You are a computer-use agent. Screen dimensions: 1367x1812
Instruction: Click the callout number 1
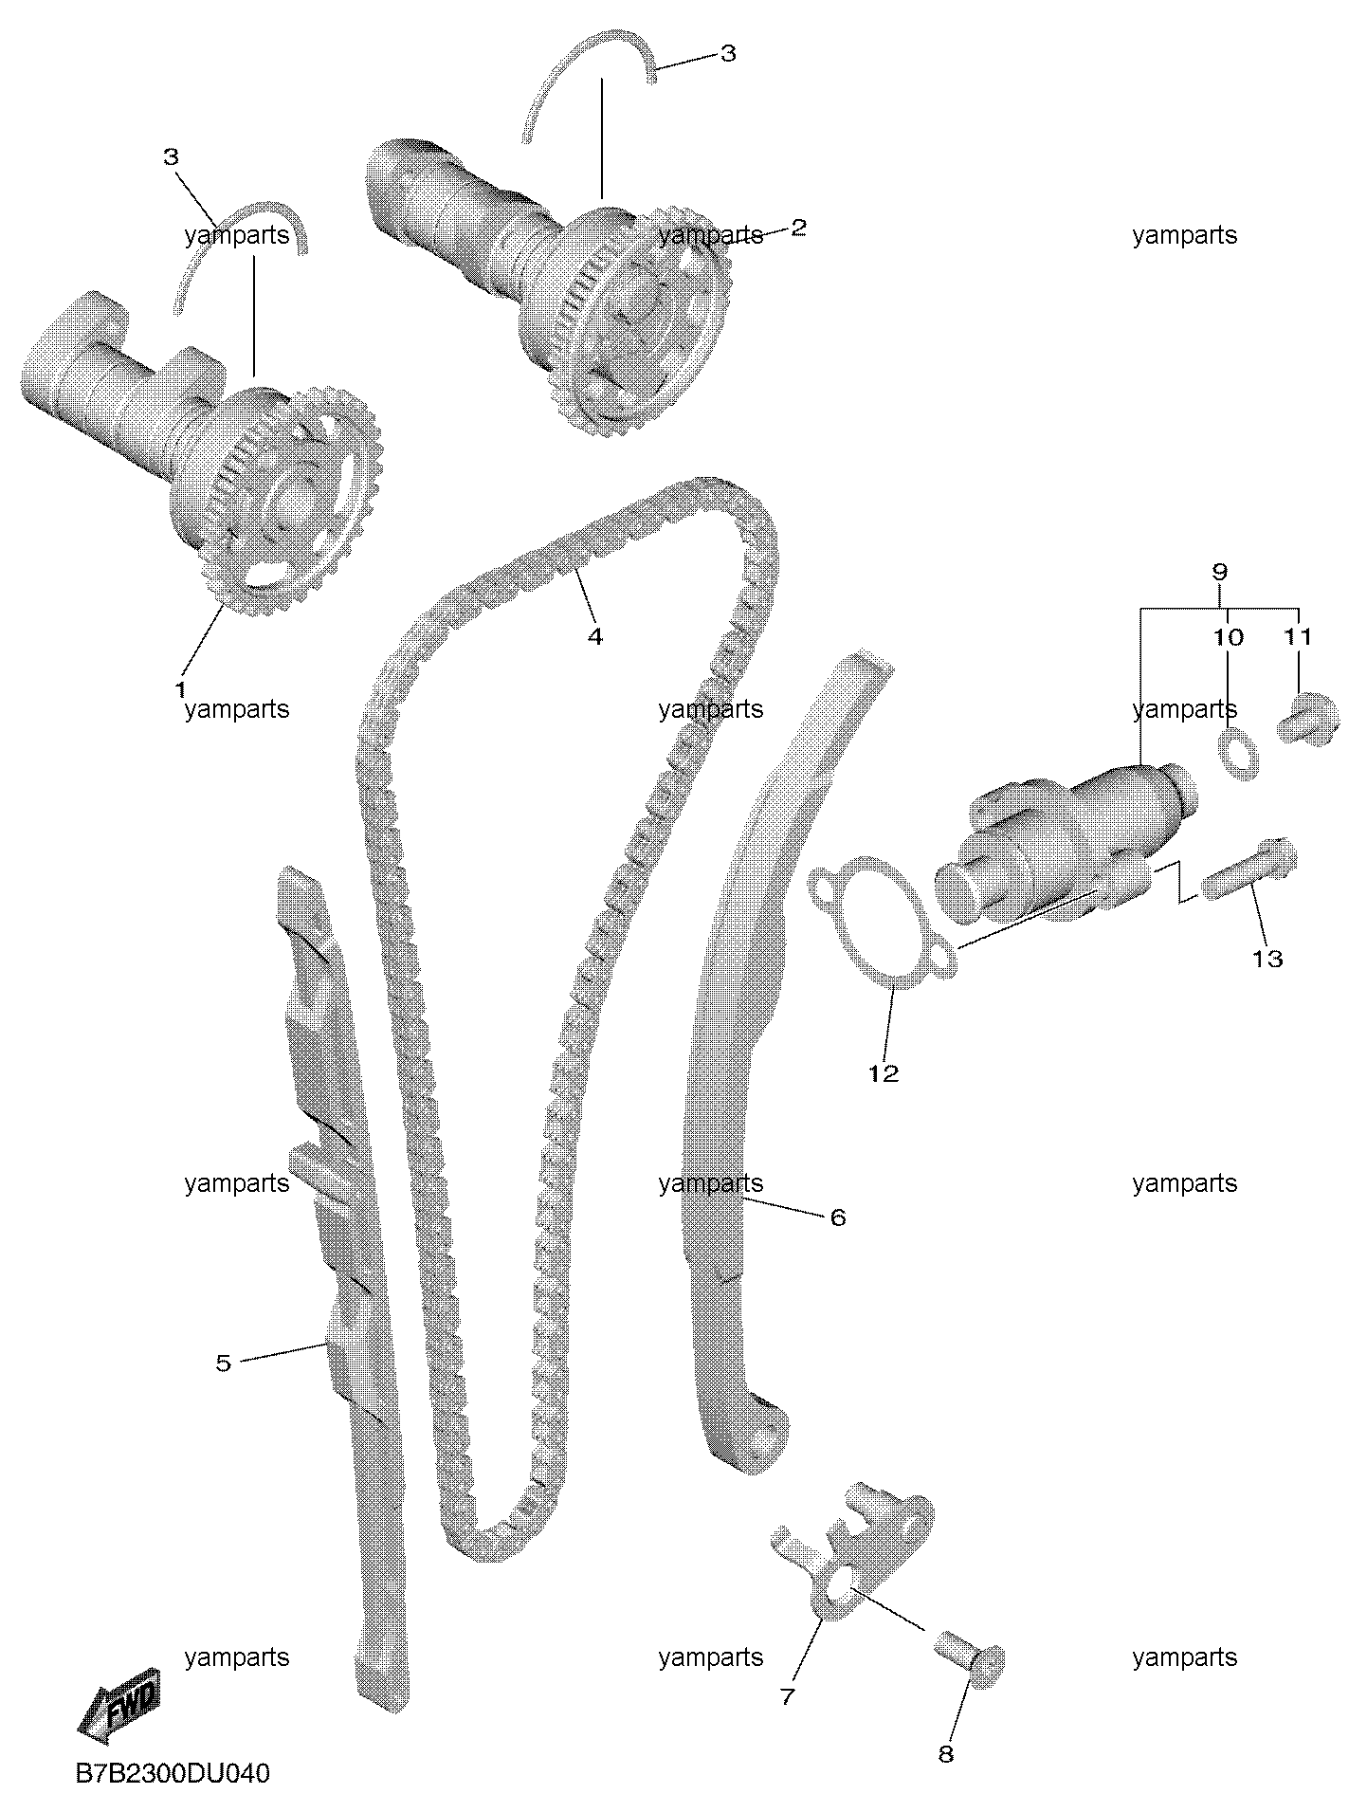[x=179, y=690]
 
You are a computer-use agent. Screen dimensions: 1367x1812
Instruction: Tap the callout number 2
[x=798, y=228]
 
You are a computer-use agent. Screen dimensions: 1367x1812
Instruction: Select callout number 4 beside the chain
[x=594, y=636]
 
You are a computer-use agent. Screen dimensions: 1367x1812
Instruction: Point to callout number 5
[x=223, y=1364]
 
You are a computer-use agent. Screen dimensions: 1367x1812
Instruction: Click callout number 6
[x=837, y=1217]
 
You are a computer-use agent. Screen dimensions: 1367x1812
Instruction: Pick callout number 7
[x=787, y=1696]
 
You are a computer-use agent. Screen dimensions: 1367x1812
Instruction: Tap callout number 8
[x=945, y=1754]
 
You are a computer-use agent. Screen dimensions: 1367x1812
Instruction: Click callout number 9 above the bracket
[x=1219, y=572]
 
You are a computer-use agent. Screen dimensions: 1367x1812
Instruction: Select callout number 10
[x=1228, y=637]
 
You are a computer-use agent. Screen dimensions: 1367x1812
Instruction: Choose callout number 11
[x=1298, y=637]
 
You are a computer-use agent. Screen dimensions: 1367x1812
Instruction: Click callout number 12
[x=883, y=1073]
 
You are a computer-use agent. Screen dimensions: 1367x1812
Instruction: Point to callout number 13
[x=1267, y=959]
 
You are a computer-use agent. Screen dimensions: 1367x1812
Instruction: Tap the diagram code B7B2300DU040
[x=173, y=1773]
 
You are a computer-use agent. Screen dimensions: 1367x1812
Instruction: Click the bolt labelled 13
[x=1250, y=867]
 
